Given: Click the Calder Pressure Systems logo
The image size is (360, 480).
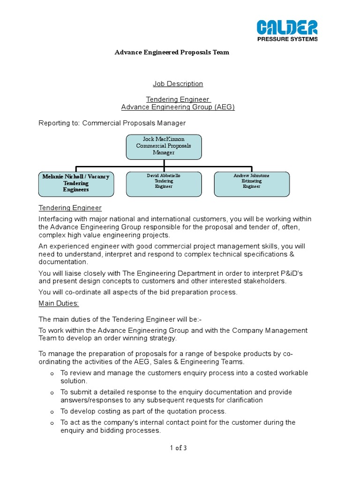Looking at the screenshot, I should (x=287, y=30).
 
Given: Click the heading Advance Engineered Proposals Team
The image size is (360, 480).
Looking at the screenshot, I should (x=172, y=52).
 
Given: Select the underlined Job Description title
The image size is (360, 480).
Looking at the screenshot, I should (x=178, y=84).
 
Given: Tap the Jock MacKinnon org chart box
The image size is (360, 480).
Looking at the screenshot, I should (x=164, y=146).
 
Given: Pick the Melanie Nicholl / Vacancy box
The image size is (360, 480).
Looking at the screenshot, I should (x=75, y=183).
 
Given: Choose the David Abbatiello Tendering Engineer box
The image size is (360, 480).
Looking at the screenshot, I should (x=164, y=183).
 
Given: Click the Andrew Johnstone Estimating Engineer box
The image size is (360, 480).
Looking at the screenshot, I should (x=252, y=183).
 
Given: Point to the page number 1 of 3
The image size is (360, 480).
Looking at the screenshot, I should (x=178, y=448).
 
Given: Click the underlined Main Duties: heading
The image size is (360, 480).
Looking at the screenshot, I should (x=59, y=303).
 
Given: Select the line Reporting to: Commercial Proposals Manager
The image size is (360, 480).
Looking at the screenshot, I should (x=112, y=123).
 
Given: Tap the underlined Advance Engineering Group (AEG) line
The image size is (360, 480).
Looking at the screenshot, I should (x=178, y=107).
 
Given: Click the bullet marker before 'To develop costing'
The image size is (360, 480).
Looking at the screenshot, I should (x=52, y=412).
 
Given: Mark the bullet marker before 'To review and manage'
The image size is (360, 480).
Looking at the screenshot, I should (x=52, y=373).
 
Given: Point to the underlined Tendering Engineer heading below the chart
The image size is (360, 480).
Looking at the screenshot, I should (x=70, y=208).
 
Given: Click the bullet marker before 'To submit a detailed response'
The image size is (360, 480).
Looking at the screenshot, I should (x=52, y=392).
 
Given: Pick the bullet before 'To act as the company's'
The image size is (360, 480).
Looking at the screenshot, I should (x=52, y=423).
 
